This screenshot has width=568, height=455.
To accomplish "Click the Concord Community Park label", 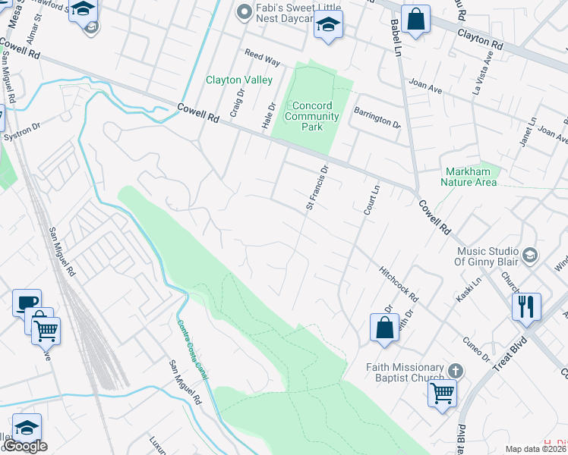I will coord(311,116).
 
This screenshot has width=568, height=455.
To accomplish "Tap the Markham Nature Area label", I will coord(469,177).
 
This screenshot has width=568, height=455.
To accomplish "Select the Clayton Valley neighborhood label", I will coord(238,80).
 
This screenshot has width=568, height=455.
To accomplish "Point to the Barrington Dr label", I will coord(377,117).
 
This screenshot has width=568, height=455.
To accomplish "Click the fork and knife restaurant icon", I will coord(526,307).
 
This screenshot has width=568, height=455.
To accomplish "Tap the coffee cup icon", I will coord(27,302).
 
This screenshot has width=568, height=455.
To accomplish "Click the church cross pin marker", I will coord(455,371).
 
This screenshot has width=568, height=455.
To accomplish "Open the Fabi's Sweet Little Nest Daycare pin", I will coord(244,11).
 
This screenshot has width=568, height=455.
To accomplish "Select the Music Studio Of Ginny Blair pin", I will coord(530,253).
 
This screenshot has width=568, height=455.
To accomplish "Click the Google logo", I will coord(24,445).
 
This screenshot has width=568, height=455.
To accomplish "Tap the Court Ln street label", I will coord(370,200).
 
